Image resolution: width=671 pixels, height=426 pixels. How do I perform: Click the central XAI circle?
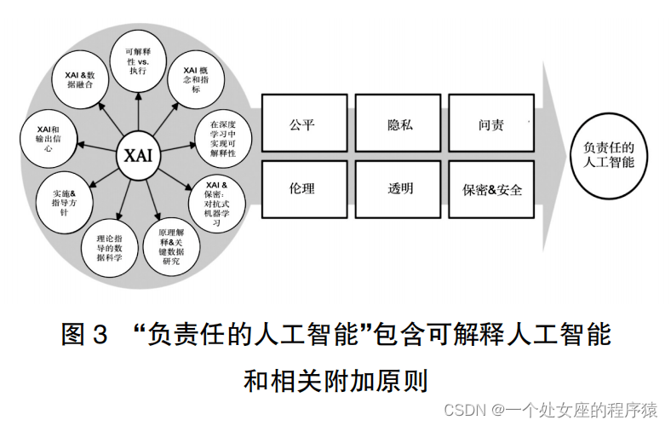(x=138, y=156)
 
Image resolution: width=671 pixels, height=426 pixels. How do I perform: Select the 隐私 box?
(x=399, y=124)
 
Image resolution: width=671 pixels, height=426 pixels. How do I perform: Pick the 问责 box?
(x=491, y=124)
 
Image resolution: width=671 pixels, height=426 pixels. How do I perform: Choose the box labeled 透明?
(x=399, y=189)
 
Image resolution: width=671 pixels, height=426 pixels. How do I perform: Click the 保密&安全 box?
(x=491, y=189)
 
